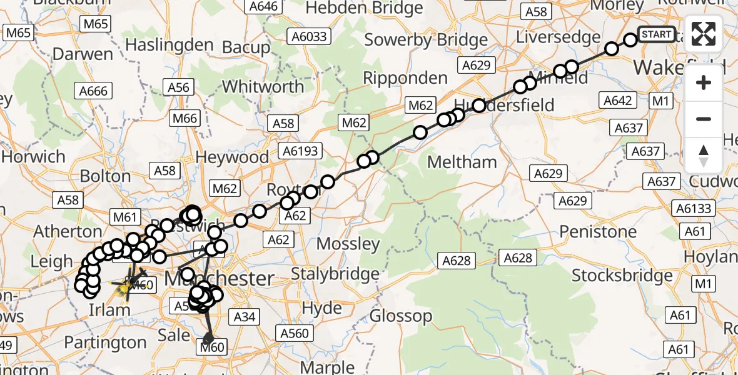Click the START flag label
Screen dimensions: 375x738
tap(656, 34)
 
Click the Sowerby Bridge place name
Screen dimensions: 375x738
tap(426, 40)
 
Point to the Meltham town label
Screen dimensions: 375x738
tap(462, 162)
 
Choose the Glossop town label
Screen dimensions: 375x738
tap(401, 316)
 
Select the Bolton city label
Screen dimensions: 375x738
tap(105, 176)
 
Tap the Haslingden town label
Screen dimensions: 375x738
tap(161, 45)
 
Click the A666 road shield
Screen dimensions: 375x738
tap(93, 91)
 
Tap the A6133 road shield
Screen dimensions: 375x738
tap(694, 208)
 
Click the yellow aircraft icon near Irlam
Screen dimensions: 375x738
tap(122, 286)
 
